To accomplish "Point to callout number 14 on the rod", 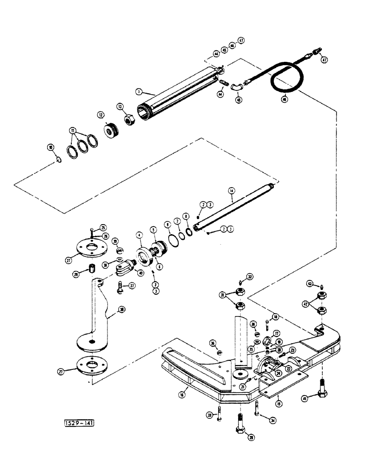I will [x=232, y=191].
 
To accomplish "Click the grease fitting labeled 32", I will [x=241, y=282].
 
